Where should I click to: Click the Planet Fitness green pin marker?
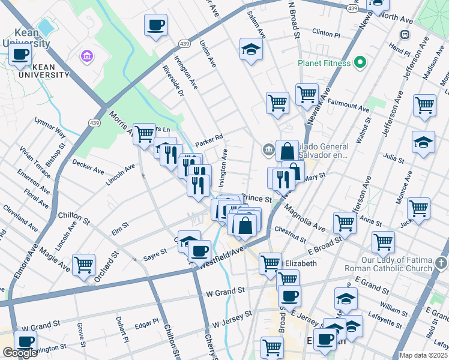[360, 62]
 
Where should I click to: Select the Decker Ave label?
[88, 166]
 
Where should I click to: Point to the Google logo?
[19, 353]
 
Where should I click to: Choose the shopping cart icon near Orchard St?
[83, 263]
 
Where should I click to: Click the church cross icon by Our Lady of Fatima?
[441, 263]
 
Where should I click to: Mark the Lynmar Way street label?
[51, 129]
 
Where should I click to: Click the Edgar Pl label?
[146, 325]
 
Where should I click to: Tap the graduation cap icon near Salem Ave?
[251, 49]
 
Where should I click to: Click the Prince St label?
[257, 197]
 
